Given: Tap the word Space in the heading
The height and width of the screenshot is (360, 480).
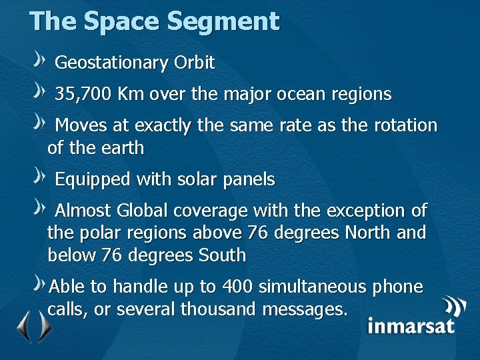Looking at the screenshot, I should pos(121,21).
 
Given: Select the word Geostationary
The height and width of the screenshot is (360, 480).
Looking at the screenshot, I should pos(111,63).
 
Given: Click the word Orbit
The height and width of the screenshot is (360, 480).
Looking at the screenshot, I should pos(194,63).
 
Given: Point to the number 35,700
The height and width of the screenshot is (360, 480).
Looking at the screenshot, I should pos(83,94).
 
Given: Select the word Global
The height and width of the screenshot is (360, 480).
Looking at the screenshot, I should pos(143,211).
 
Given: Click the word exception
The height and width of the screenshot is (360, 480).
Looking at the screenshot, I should pos(367,211).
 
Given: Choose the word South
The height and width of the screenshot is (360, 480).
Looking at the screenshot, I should pos(222,255).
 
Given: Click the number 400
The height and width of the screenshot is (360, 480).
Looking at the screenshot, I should pos(237,287).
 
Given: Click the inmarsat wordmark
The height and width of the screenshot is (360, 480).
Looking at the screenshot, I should pos(411,326).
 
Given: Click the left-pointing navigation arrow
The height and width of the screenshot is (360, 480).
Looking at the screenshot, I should pos(23,326).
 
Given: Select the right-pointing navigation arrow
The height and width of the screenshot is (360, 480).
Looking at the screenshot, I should pos(44,326).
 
